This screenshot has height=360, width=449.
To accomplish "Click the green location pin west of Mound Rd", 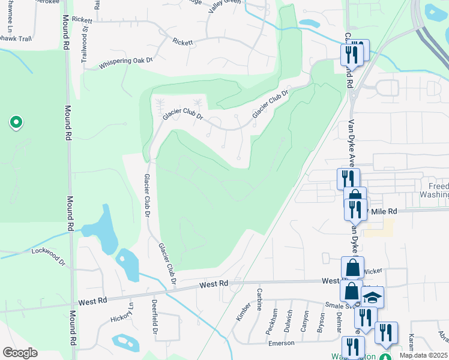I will coord(16,123).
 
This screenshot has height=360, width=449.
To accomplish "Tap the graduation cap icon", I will coord(372,297).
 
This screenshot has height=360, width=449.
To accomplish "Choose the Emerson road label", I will coord(281,343).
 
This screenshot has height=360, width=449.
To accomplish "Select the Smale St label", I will coord(337,305).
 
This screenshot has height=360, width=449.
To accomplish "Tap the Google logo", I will coord(19,353).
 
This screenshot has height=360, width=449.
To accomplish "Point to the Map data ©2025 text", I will coord(423,355).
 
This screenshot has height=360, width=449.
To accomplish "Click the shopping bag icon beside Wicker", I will coord(352,268).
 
